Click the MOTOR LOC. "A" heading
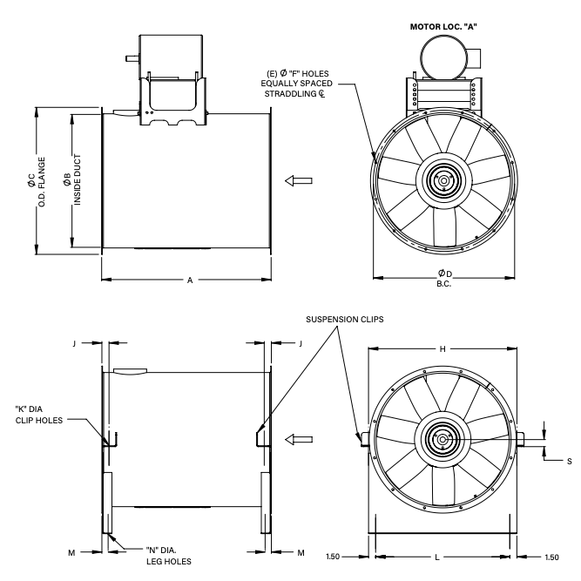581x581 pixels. point(444,27)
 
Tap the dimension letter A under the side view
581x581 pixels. point(189,280)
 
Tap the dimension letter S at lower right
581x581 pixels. point(569,461)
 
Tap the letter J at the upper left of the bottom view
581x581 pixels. point(76,344)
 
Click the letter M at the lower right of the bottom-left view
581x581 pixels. point(301,552)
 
